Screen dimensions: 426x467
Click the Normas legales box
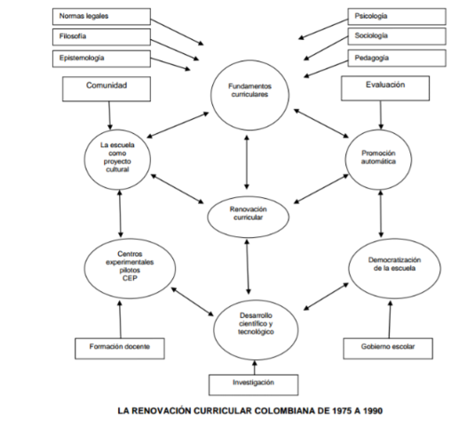[94, 16]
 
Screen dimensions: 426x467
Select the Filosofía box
[94, 37]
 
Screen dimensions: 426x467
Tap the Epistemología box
[94, 59]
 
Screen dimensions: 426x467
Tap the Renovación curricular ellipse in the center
[248, 213]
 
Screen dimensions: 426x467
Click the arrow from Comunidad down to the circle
[108, 115]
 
